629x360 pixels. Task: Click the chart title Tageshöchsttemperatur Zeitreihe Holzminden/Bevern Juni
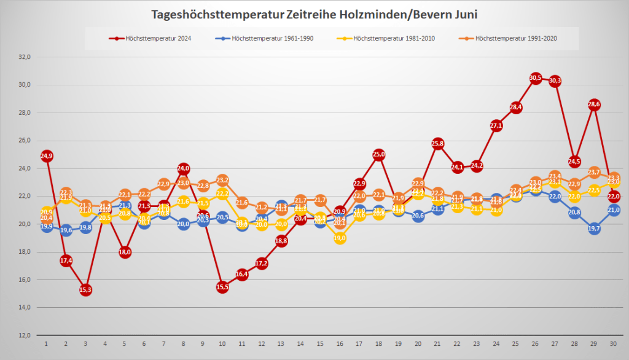point(314,14)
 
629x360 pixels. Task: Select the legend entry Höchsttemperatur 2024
point(156,39)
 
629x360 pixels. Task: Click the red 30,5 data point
point(535,78)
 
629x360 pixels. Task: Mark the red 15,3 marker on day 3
point(85,289)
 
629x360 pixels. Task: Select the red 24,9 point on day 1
point(47,156)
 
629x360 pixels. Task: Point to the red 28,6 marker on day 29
point(594,104)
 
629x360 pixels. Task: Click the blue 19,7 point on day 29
point(594,229)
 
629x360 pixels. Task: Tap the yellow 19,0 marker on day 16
point(340,238)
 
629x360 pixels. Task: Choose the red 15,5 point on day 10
point(222,286)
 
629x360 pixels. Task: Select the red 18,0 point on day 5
point(125,252)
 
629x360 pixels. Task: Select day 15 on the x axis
point(320,343)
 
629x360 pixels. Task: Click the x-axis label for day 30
point(614,343)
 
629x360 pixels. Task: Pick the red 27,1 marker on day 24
point(496,125)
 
